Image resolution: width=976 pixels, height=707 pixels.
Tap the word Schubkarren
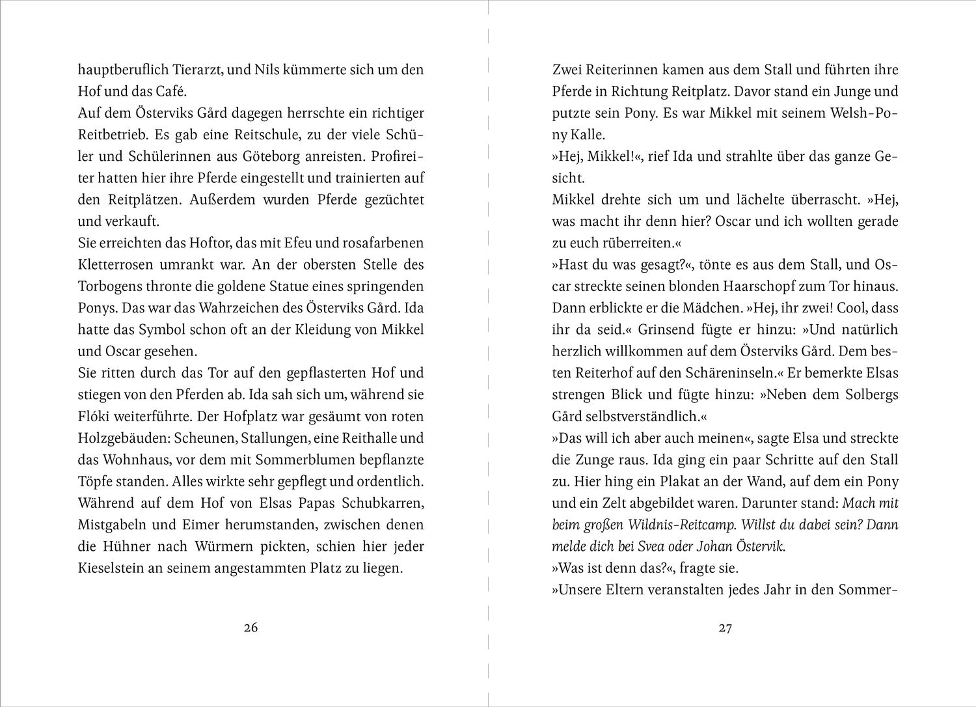click(385, 503)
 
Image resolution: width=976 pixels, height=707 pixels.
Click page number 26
click(251, 628)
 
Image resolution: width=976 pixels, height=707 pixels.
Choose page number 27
click(725, 628)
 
